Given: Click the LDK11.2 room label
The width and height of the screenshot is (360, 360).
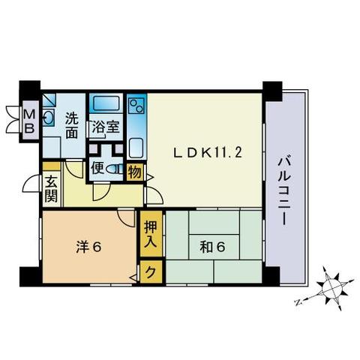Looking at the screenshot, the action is pos(208,153).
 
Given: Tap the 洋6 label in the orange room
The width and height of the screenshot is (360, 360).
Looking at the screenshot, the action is pos(88,247).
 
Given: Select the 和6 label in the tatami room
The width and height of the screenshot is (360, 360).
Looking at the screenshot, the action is pos(212,247).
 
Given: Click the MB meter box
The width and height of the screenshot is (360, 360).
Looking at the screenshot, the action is pos(29,121).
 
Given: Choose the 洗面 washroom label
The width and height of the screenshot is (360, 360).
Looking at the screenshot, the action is pos(72,126).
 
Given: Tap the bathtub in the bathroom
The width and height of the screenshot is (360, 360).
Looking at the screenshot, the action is pos(106,103).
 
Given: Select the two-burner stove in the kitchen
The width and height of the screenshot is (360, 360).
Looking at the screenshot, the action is pos(136,106).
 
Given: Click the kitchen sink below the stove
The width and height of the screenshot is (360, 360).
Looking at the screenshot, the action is pos(136,148).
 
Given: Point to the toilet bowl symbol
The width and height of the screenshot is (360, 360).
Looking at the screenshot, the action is pos(115,169).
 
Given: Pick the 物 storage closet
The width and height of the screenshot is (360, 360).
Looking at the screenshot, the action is pos(135,172).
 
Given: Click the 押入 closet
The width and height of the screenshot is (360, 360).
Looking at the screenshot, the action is pos(151,234).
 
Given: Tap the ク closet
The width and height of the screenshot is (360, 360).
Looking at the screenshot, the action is pos(151,271).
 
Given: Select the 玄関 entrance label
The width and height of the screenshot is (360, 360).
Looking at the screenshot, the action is pos(51,188).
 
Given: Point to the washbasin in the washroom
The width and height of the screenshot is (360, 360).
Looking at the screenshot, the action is pos(48,116).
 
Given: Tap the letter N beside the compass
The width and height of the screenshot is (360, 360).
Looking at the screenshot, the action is pos(298,303).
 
